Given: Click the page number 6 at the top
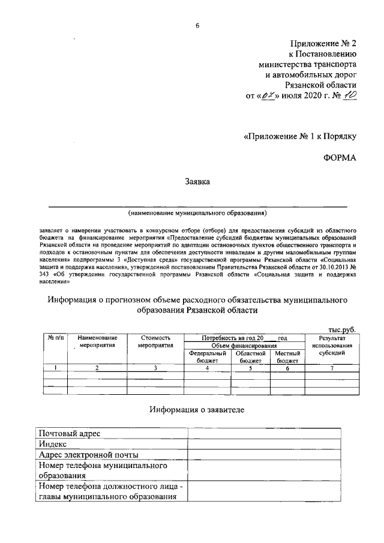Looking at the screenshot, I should click(196, 25).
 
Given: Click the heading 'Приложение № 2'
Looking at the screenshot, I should click(323, 43).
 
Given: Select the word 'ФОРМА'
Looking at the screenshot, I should click(340, 158).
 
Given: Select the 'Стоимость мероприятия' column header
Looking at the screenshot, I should click(155, 342).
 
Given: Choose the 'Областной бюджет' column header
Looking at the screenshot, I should click(250, 357).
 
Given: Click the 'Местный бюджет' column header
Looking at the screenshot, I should click(287, 357).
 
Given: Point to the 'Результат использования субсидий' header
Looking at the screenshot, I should click(331, 346).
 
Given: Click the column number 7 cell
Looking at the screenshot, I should click(331, 368).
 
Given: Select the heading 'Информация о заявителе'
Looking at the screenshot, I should click(196, 410).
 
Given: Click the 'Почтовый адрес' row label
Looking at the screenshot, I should click(66, 433).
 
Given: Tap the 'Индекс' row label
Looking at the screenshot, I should click(52, 444).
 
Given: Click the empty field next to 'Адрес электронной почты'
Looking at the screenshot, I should click(273, 455).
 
